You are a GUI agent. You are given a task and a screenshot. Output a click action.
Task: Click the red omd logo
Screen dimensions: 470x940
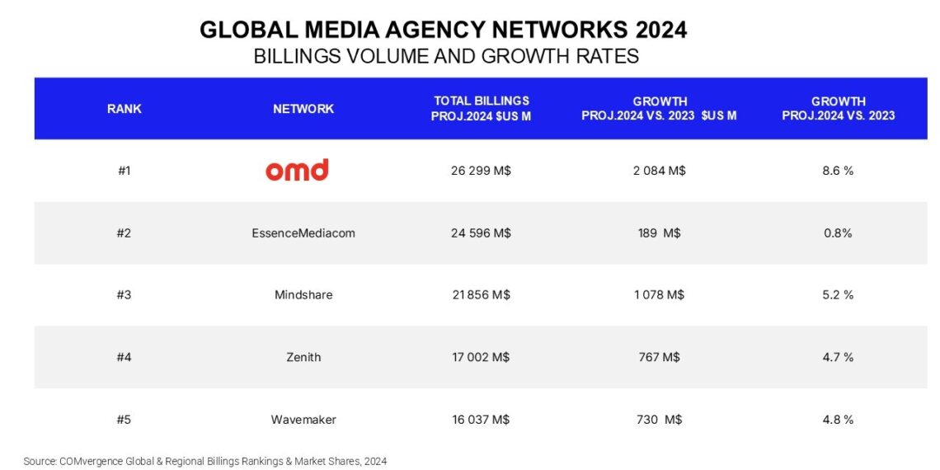[x=297, y=170]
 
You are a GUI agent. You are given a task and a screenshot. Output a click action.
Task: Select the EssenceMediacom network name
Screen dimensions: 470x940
[x=303, y=233]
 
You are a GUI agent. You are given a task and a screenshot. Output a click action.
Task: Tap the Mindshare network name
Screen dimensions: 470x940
[x=303, y=294]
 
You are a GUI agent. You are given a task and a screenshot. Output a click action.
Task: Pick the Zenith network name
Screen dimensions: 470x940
[x=303, y=357]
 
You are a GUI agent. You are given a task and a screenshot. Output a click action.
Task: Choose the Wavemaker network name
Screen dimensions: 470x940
[x=303, y=420]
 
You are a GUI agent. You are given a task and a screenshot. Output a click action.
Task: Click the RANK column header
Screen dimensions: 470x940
[x=124, y=109]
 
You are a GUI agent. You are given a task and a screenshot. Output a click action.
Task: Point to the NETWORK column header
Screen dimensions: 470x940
[x=303, y=109]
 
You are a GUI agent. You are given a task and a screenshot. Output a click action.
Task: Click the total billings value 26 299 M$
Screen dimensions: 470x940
[x=481, y=171]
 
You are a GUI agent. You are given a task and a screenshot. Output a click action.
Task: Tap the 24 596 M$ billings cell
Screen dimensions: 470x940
[x=481, y=233]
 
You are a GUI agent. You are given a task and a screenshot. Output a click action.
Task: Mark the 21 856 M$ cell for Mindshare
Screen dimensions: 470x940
[x=481, y=294]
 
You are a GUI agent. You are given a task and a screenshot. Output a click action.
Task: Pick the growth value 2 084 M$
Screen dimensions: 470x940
[x=659, y=171]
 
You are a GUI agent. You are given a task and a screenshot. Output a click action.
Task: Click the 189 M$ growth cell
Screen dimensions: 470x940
[x=659, y=233]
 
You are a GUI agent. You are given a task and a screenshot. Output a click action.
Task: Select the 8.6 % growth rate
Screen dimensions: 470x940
[x=838, y=171]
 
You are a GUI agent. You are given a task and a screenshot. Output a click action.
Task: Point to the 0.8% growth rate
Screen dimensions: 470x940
[x=838, y=233]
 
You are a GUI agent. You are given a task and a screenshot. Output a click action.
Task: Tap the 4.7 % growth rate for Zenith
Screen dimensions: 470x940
[x=838, y=357]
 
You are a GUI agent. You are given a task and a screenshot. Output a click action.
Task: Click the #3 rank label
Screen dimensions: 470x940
[x=124, y=294]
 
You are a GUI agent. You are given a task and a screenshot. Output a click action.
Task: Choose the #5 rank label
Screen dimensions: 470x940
[x=124, y=420]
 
